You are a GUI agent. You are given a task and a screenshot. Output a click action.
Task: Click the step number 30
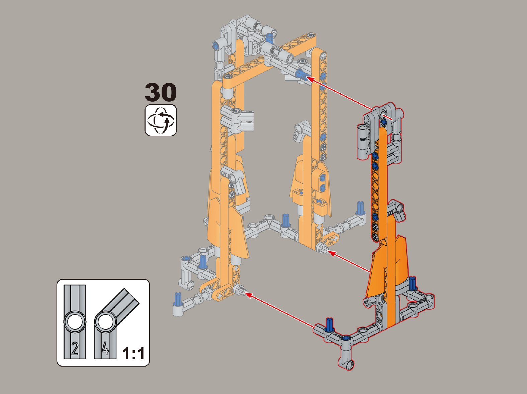point(161,92)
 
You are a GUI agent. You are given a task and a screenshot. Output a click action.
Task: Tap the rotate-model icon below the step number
point(161,120)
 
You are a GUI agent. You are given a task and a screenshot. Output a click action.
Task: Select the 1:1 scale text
point(134,353)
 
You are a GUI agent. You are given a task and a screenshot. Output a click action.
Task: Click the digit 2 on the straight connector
point(75,349)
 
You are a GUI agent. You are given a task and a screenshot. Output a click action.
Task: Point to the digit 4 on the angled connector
point(105,349)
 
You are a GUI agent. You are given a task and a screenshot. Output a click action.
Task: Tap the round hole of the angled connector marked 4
point(105,322)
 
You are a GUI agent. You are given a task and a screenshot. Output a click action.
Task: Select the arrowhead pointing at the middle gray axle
point(331,253)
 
